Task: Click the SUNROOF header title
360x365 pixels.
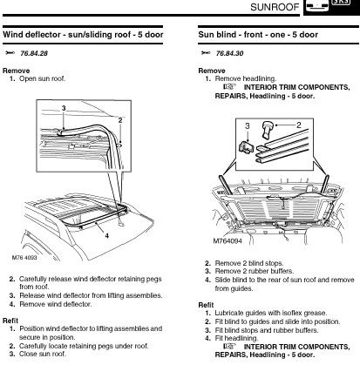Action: click(x=275, y=7)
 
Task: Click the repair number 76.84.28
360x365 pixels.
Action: click(x=34, y=53)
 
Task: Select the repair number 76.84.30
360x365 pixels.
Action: click(x=229, y=53)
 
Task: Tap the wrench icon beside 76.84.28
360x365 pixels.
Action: click(x=10, y=53)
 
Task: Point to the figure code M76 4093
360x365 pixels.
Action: click(x=24, y=258)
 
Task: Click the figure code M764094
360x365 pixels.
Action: click(x=228, y=241)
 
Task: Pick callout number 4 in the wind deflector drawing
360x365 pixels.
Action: click(x=106, y=236)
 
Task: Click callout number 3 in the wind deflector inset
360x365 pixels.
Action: click(x=64, y=108)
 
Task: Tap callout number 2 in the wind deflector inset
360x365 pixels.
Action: click(x=120, y=120)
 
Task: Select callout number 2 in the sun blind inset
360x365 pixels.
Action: click(x=299, y=125)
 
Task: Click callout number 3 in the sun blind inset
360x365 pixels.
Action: click(x=248, y=126)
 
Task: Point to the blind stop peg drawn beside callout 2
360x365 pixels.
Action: click(x=268, y=131)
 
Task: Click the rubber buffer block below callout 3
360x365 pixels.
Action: click(x=246, y=146)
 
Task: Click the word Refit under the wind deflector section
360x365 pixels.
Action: click(x=10, y=321)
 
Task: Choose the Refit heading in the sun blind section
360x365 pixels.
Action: click(x=206, y=305)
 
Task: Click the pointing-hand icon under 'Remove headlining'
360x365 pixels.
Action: click(x=230, y=87)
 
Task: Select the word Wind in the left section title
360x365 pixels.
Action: click(x=13, y=35)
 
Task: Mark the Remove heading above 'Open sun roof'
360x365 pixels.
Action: click(x=17, y=71)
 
